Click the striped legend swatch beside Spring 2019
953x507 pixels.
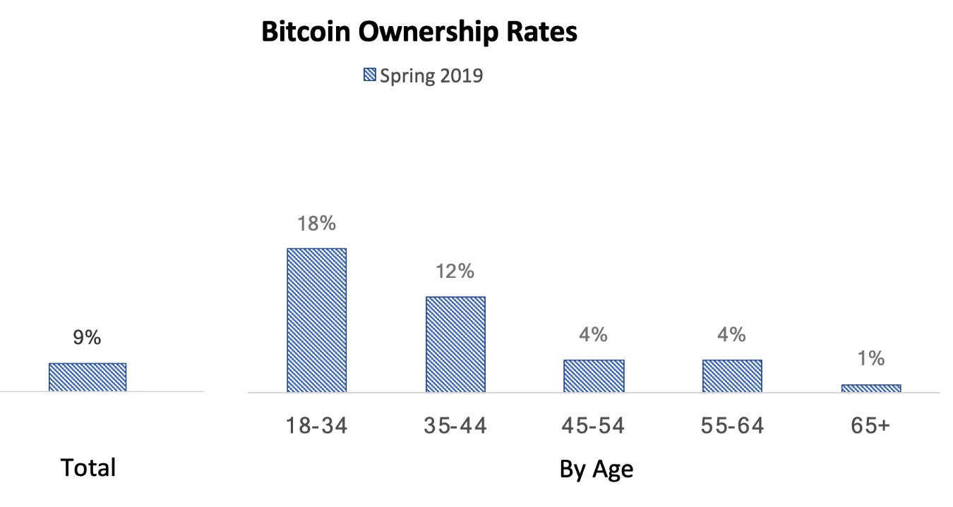pyautogui.click(x=369, y=75)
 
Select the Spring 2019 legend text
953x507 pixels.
pyautogui.click(x=431, y=75)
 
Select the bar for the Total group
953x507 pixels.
pyautogui.click(x=88, y=377)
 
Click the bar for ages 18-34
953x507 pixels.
pyautogui.click(x=316, y=320)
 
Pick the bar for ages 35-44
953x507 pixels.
pyautogui.click(x=455, y=344)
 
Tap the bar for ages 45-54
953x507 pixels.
pyautogui.click(x=594, y=376)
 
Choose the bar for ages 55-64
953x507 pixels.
pyautogui.click(x=732, y=376)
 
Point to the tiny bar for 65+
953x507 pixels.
pyautogui.click(x=871, y=388)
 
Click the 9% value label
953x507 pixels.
pyautogui.click(x=88, y=338)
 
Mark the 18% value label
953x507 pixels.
pyautogui.click(x=316, y=224)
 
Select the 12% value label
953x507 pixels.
pyautogui.click(x=455, y=271)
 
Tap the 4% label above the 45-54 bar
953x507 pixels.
pyautogui.click(x=594, y=334)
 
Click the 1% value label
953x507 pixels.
pyautogui.click(x=871, y=359)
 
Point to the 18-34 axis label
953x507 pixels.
pyautogui.click(x=316, y=426)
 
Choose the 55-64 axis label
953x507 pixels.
pyautogui.click(x=732, y=426)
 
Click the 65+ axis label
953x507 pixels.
pyautogui.click(x=871, y=426)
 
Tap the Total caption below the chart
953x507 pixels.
pyautogui.click(x=88, y=468)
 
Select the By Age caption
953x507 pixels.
pyautogui.click(x=596, y=469)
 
